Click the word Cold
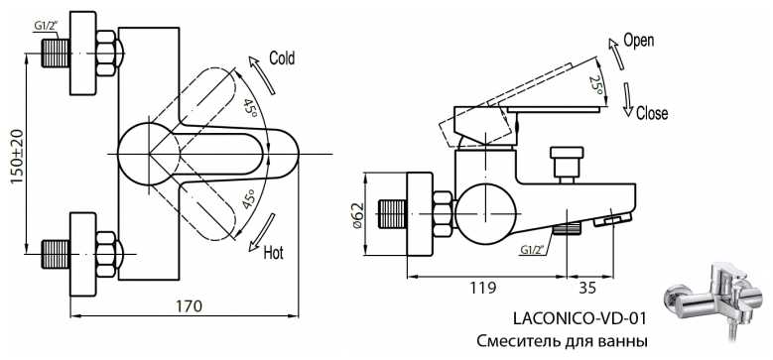282,59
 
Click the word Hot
274,253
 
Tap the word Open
638,41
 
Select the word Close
652,113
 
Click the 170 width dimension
189,306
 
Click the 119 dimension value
482,288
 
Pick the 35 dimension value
587,288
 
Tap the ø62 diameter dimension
358,215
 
